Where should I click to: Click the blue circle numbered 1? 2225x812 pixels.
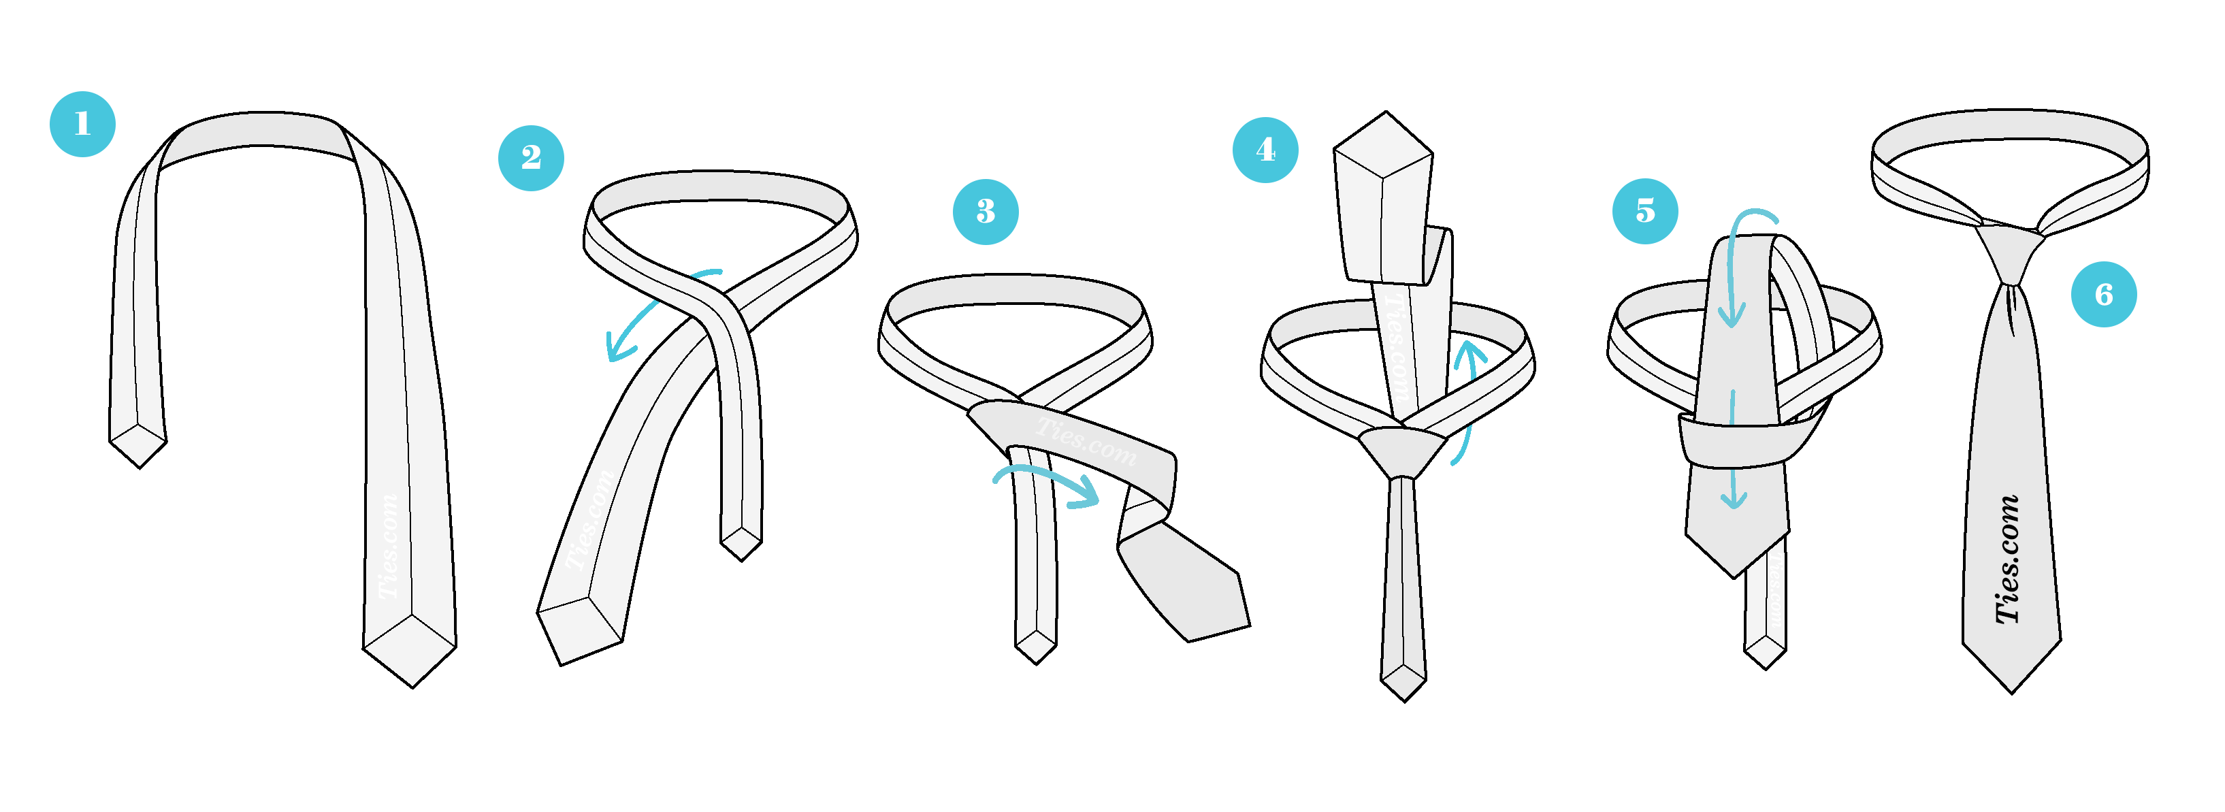point(82,123)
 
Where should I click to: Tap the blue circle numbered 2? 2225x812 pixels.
point(530,157)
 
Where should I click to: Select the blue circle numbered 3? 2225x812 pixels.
point(985,212)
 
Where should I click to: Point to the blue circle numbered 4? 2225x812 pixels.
point(1265,150)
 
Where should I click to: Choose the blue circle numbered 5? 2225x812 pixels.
point(1644,211)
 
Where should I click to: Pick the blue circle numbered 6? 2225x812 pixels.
point(2103,294)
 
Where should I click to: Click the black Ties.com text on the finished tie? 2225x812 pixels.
point(2007,559)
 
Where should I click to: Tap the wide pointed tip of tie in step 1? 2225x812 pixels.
point(411,652)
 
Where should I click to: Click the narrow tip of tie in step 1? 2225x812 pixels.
point(138,445)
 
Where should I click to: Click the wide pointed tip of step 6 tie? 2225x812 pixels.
point(2012,665)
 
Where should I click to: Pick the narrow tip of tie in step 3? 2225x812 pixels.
point(1036,646)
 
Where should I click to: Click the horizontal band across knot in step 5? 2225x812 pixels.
point(1736,440)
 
